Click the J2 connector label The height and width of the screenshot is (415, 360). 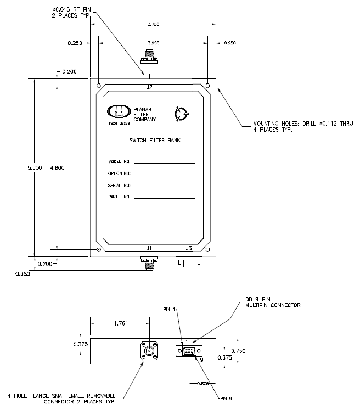point(149,87)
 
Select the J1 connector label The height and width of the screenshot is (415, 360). point(149,248)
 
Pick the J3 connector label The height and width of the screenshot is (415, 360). point(188,248)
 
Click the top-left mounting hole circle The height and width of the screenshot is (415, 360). point(98,86)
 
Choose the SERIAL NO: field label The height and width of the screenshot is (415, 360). point(118,186)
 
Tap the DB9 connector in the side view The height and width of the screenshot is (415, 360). point(189,351)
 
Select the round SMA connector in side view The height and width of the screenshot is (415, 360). point(149,351)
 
